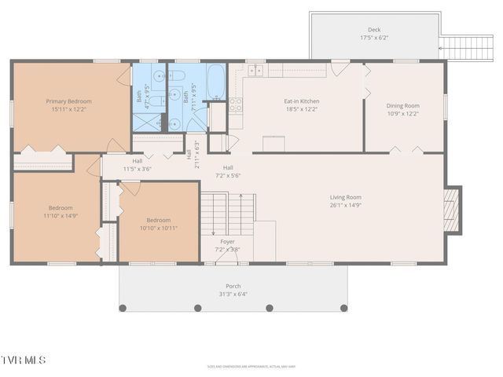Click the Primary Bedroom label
pos(68,101)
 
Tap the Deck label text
pos(374,30)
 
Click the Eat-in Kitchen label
pos(301,101)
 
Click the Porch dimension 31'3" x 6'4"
pos(233,295)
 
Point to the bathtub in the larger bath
pos(216,81)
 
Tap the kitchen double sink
pos(255,70)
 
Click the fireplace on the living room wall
pos(452,209)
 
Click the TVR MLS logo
pos(24,360)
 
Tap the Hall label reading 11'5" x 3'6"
pos(137,163)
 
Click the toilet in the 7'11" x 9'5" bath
pos(177,77)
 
